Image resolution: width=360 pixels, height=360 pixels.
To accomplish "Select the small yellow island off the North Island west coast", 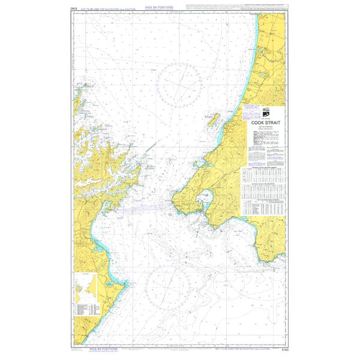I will [x=211, y=116].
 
